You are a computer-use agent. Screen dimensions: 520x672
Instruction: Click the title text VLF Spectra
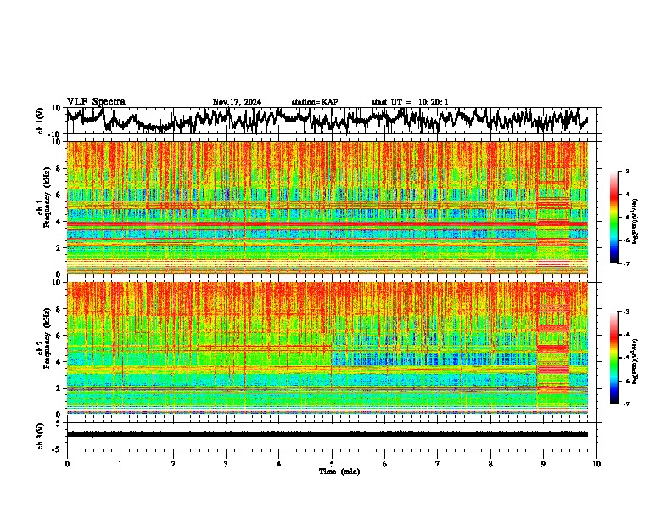click(x=96, y=101)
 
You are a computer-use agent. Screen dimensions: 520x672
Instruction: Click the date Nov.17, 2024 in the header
click(x=237, y=102)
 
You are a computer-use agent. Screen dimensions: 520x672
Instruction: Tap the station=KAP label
click(x=315, y=102)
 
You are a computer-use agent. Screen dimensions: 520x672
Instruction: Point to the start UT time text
click(x=409, y=102)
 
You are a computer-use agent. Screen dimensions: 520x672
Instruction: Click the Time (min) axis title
click(x=339, y=471)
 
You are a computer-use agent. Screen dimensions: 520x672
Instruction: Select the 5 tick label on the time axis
click(x=332, y=463)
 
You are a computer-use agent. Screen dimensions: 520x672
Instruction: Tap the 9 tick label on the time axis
click(x=544, y=463)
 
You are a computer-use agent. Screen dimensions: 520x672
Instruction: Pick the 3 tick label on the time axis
click(x=226, y=463)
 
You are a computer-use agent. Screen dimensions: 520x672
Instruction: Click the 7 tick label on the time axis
click(x=438, y=463)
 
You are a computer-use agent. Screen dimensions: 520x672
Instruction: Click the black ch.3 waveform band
click(x=327, y=433)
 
